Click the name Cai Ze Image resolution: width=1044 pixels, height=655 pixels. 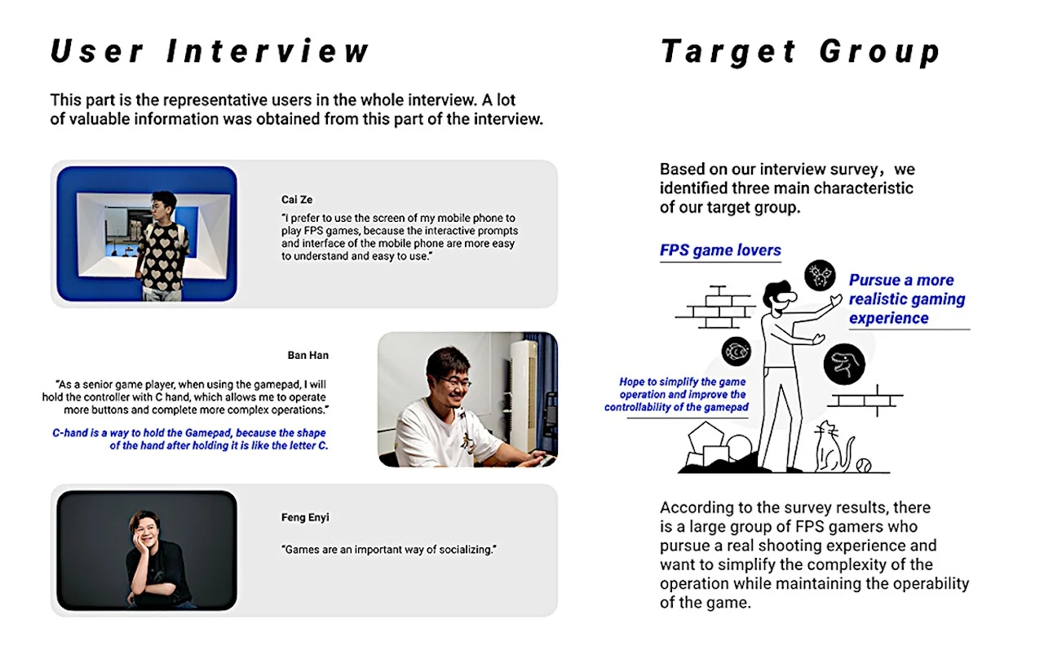pyautogui.click(x=297, y=200)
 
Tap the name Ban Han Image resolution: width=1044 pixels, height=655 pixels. pyautogui.click(x=308, y=355)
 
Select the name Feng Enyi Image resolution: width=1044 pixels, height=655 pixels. pyautogui.click(x=305, y=517)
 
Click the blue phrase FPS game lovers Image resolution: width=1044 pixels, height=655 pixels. pyautogui.click(x=720, y=250)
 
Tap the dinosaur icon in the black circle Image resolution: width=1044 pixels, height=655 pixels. pyautogui.click(x=843, y=365)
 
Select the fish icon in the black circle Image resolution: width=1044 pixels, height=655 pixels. pyautogui.click(x=736, y=352)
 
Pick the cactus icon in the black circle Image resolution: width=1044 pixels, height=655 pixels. pyautogui.click(x=820, y=276)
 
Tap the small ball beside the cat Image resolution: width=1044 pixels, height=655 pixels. pyautogui.click(x=863, y=465)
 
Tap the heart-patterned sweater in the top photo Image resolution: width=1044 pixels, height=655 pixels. pyautogui.click(x=162, y=253)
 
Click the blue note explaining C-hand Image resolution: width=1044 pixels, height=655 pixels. pyautogui.click(x=189, y=440)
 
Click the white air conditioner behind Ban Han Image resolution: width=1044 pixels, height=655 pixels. pyautogui.click(x=523, y=383)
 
